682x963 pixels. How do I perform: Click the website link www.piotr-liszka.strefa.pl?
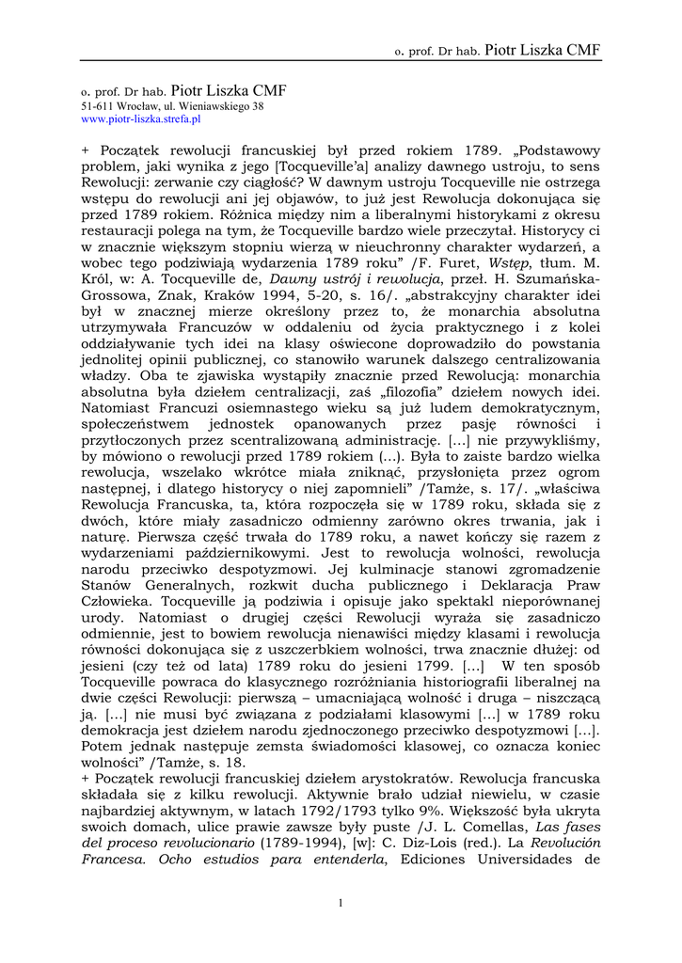click(140, 119)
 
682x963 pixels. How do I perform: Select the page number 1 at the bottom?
click(341, 903)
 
